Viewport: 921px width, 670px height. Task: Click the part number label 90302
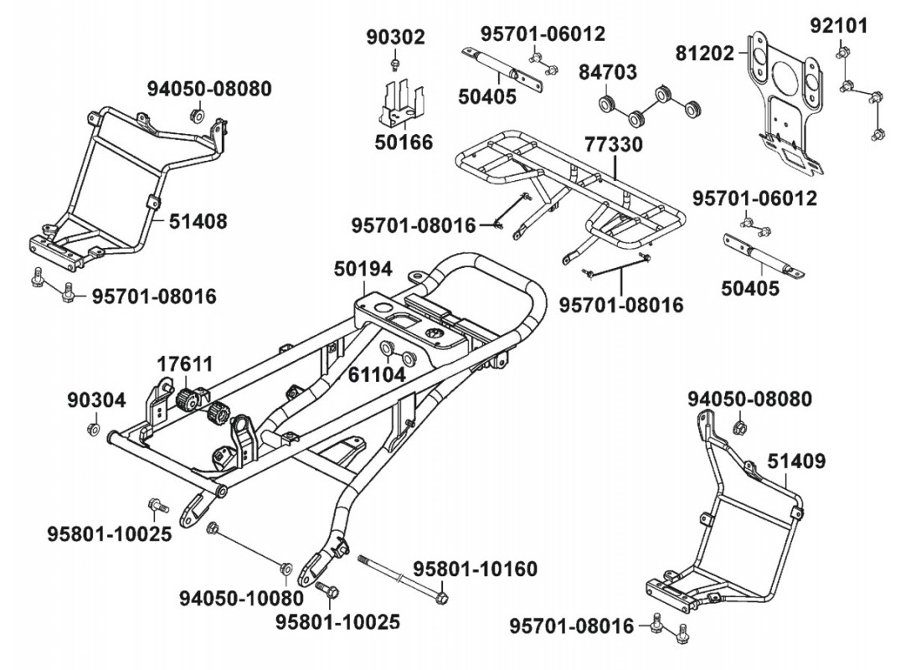[x=396, y=37]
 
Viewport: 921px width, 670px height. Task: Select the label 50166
[x=404, y=142]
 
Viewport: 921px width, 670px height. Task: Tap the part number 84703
[x=607, y=72]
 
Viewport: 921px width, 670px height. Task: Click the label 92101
[x=838, y=25]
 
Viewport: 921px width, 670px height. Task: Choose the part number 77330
[x=614, y=144]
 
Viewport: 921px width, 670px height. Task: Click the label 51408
[x=198, y=221]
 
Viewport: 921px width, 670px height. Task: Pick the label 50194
[x=363, y=270]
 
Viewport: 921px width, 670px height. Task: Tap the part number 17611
[x=184, y=364]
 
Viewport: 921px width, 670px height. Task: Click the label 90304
[x=96, y=400]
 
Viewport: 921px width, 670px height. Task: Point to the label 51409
[x=796, y=461]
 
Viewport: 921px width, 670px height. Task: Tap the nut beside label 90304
[x=91, y=430]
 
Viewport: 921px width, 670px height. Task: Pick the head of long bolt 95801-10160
[x=442, y=597]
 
